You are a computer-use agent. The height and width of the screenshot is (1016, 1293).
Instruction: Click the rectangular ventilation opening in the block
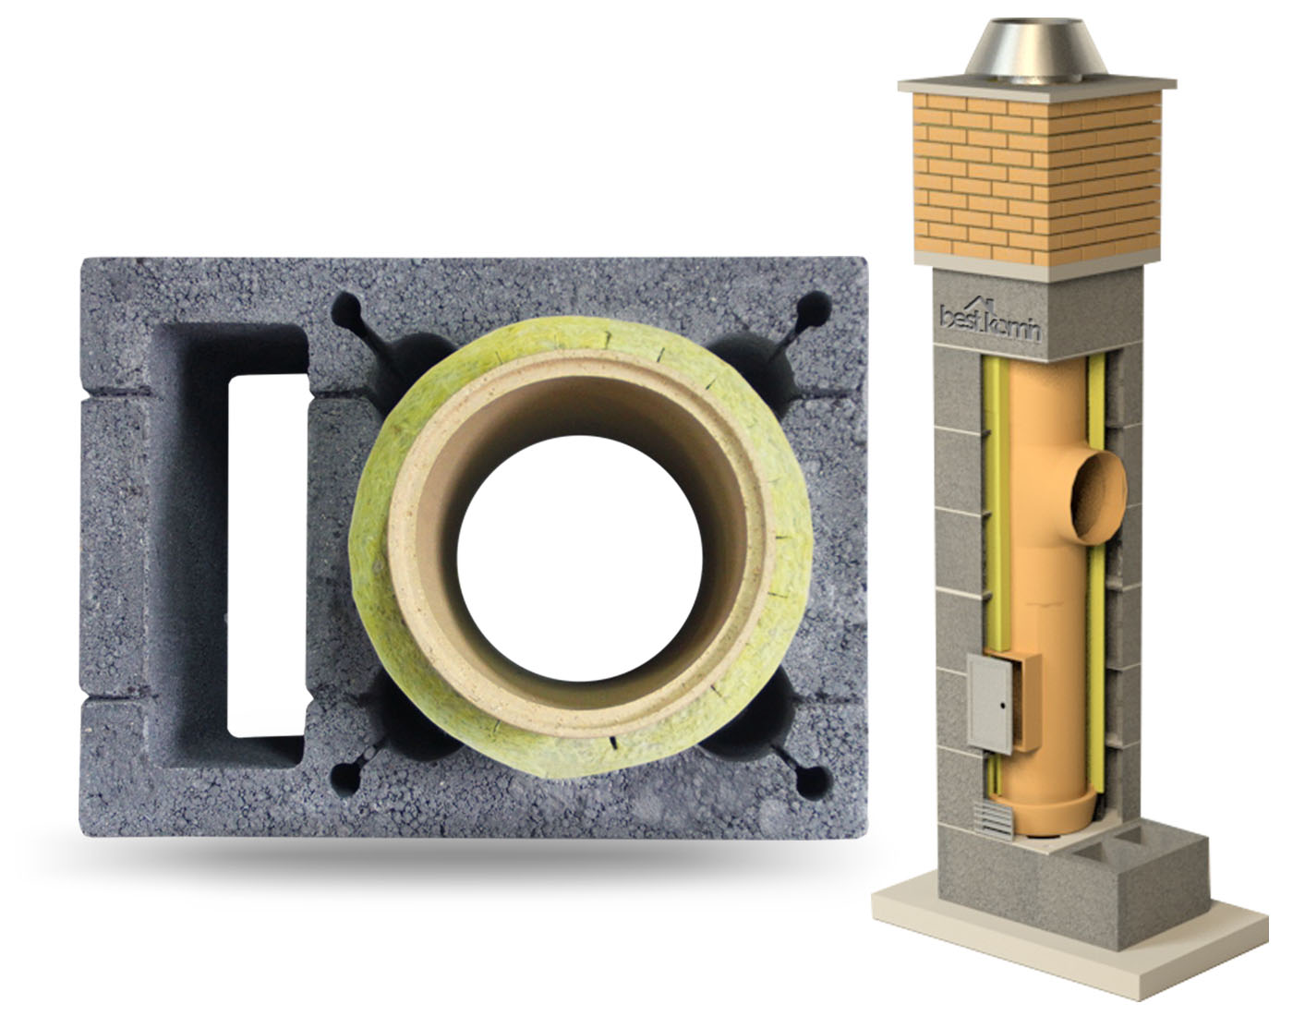pos(268,556)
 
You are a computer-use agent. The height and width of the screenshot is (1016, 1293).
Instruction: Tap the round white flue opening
pos(580,558)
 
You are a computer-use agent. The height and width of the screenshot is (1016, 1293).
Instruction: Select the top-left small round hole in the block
pos(346,309)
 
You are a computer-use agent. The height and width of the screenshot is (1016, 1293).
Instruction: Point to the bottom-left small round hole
pos(346,780)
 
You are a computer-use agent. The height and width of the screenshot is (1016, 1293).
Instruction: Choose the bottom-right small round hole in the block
pos(813,782)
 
